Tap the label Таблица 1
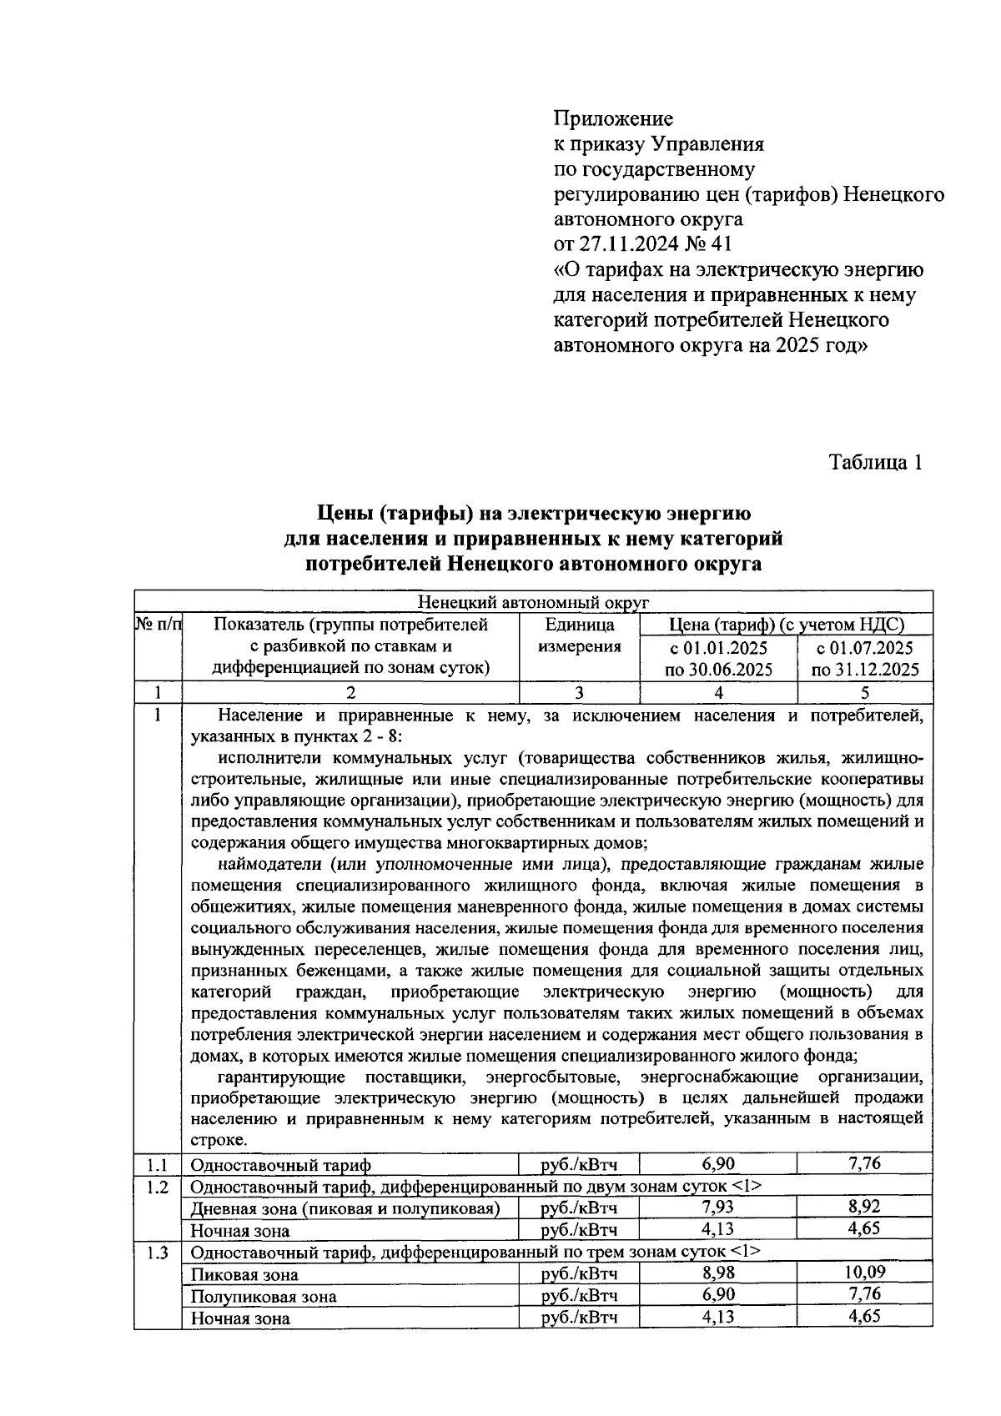click(x=876, y=463)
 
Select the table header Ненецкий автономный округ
click(x=533, y=602)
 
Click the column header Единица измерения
click(x=579, y=635)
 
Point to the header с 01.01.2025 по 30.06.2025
click(x=718, y=658)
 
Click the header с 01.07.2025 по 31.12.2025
click(x=864, y=658)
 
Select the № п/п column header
click(x=158, y=624)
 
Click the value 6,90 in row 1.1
click(x=718, y=1163)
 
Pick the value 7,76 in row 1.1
click(x=864, y=1163)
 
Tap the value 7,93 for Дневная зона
click(x=718, y=1208)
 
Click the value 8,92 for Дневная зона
click(x=864, y=1208)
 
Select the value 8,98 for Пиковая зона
click(x=718, y=1273)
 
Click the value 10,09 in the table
click(x=864, y=1273)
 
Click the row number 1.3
click(x=158, y=1252)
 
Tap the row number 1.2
click(x=158, y=1186)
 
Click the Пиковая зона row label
click(x=244, y=1274)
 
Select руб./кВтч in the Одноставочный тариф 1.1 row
click(x=579, y=1164)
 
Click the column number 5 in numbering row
click(x=864, y=692)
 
